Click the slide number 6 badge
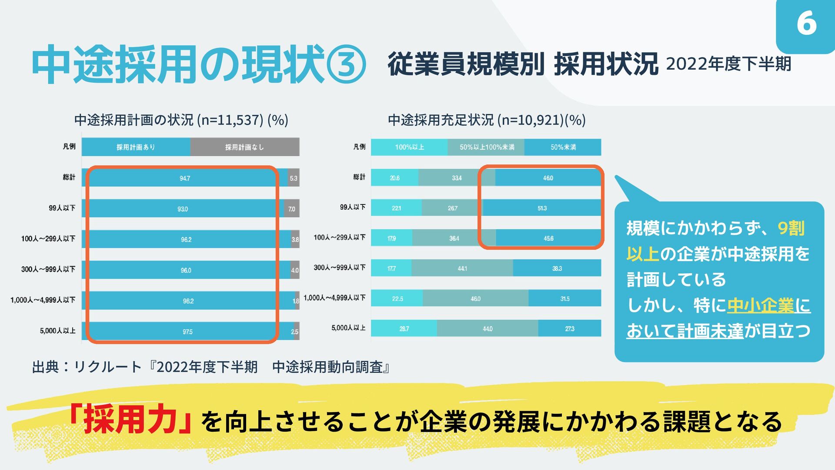tap(806, 23)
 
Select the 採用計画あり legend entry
tap(136, 147)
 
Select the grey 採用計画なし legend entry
tap(244, 147)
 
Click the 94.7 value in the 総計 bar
tap(185, 178)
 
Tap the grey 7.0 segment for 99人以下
tap(291, 209)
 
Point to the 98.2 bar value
tap(188, 301)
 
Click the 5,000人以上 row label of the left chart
tap(57, 331)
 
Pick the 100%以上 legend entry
tap(409, 147)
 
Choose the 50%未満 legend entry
tap(563, 147)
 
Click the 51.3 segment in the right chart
tap(542, 208)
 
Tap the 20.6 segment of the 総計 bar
tap(394, 178)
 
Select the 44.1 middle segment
tap(462, 269)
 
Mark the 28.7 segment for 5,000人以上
tap(404, 329)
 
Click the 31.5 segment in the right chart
tap(564, 299)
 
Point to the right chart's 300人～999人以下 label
tap(339, 268)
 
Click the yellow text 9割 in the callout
tap(791, 228)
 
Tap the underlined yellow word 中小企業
tap(760, 305)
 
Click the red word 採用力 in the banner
tap(130, 420)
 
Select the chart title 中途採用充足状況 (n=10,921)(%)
tap(487, 120)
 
